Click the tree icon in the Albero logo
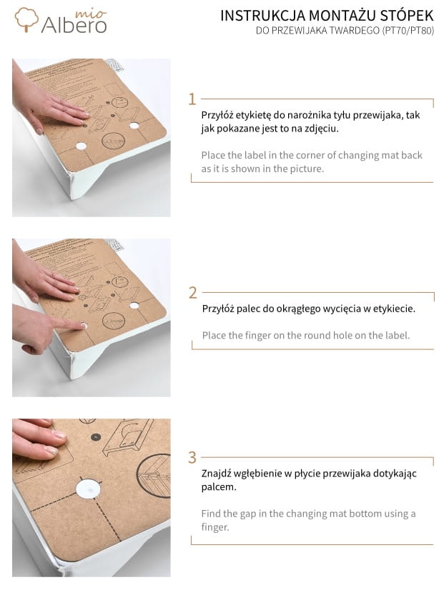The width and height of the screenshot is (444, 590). coord(26,19)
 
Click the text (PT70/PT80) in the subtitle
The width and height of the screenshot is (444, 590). coord(408,31)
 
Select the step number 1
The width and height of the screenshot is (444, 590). coord(192,99)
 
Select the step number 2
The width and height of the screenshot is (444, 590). coord(192,292)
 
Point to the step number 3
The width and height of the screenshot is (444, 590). coord(192,458)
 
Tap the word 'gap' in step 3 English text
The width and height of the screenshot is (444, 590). coord(245,514)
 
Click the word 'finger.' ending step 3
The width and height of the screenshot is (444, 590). coord(215,527)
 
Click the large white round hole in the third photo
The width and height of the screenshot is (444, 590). coord(89,489)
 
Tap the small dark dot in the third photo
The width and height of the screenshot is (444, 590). coord(96,437)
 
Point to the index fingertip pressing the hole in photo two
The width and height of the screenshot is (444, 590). coord(82,326)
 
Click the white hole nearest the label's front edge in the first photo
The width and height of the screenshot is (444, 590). coord(82,146)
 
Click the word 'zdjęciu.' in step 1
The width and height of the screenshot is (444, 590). coord(322,129)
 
